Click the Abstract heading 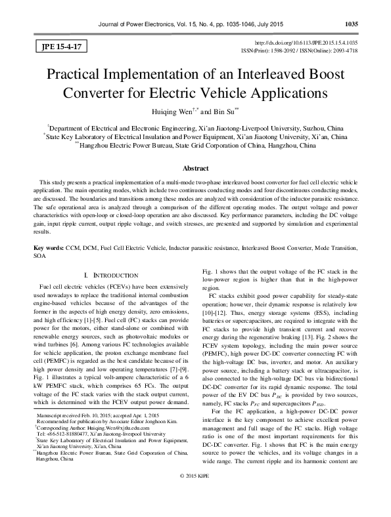(x=195, y=168)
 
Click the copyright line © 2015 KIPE (x=195, y=508)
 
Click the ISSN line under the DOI (x=304, y=49)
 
